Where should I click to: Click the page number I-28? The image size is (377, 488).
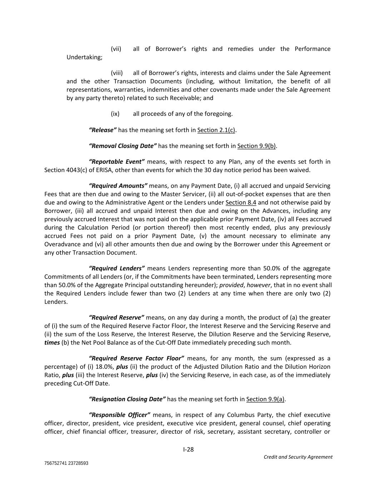188,449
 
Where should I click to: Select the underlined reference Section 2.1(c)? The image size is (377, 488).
216,130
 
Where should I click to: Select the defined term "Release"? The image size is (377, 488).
103,130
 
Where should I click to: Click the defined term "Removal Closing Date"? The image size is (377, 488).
123,146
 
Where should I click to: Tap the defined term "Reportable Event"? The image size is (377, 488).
116,162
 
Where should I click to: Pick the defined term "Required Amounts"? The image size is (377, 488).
118,186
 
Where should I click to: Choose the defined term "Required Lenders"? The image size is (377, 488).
116,268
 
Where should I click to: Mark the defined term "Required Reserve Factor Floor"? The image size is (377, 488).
136,358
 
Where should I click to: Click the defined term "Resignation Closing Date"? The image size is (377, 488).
127,399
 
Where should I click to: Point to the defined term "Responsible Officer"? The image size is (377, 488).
119,415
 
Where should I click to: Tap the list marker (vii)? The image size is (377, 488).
116,49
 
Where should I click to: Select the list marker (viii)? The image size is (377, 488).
117,73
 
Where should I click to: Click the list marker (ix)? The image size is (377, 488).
115,114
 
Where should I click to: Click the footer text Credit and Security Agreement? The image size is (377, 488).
298,457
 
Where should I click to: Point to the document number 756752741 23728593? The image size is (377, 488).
66,463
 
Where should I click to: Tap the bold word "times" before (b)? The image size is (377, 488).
52,343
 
